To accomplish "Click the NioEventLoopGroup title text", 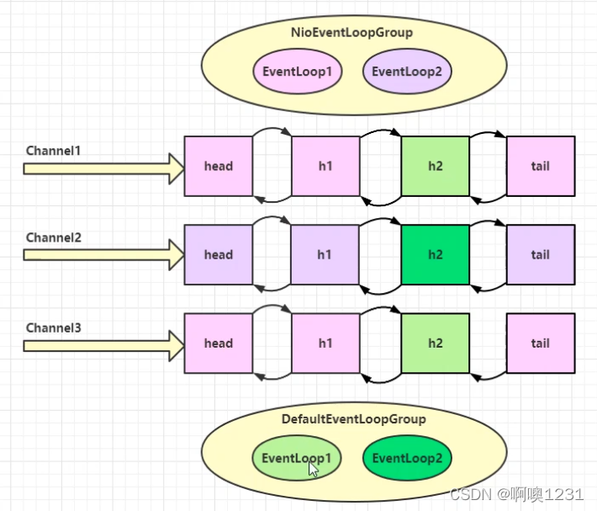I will pyautogui.click(x=353, y=33).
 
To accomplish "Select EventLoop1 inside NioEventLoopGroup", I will pyautogui.click(x=298, y=72).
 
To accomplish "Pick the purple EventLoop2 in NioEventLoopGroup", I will pyautogui.click(x=407, y=72).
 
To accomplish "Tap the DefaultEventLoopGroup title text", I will pyautogui.click(x=353, y=419).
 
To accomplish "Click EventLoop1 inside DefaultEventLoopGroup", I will pyautogui.click(x=297, y=458).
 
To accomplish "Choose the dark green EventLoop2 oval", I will pyautogui.click(x=407, y=458).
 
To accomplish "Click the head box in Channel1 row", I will pyautogui.click(x=219, y=166).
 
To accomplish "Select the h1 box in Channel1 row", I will pyautogui.click(x=325, y=166).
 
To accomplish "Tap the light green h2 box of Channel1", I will pyautogui.click(x=436, y=166).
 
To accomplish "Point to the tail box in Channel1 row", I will pyautogui.click(x=541, y=166).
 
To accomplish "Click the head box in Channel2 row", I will pyautogui.click(x=219, y=254).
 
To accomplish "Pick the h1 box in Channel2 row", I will pyautogui.click(x=325, y=254).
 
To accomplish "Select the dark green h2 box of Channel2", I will pyautogui.click(x=436, y=254).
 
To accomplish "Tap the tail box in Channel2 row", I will pyautogui.click(x=541, y=254).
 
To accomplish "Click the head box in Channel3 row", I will pyautogui.click(x=219, y=343).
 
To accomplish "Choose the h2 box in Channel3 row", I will pyautogui.click(x=436, y=343).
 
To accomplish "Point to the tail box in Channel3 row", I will pyautogui.click(x=541, y=343).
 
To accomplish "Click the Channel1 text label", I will pyautogui.click(x=54, y=151).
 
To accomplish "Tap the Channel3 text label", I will pyautogui.click(x=54, y=327).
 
